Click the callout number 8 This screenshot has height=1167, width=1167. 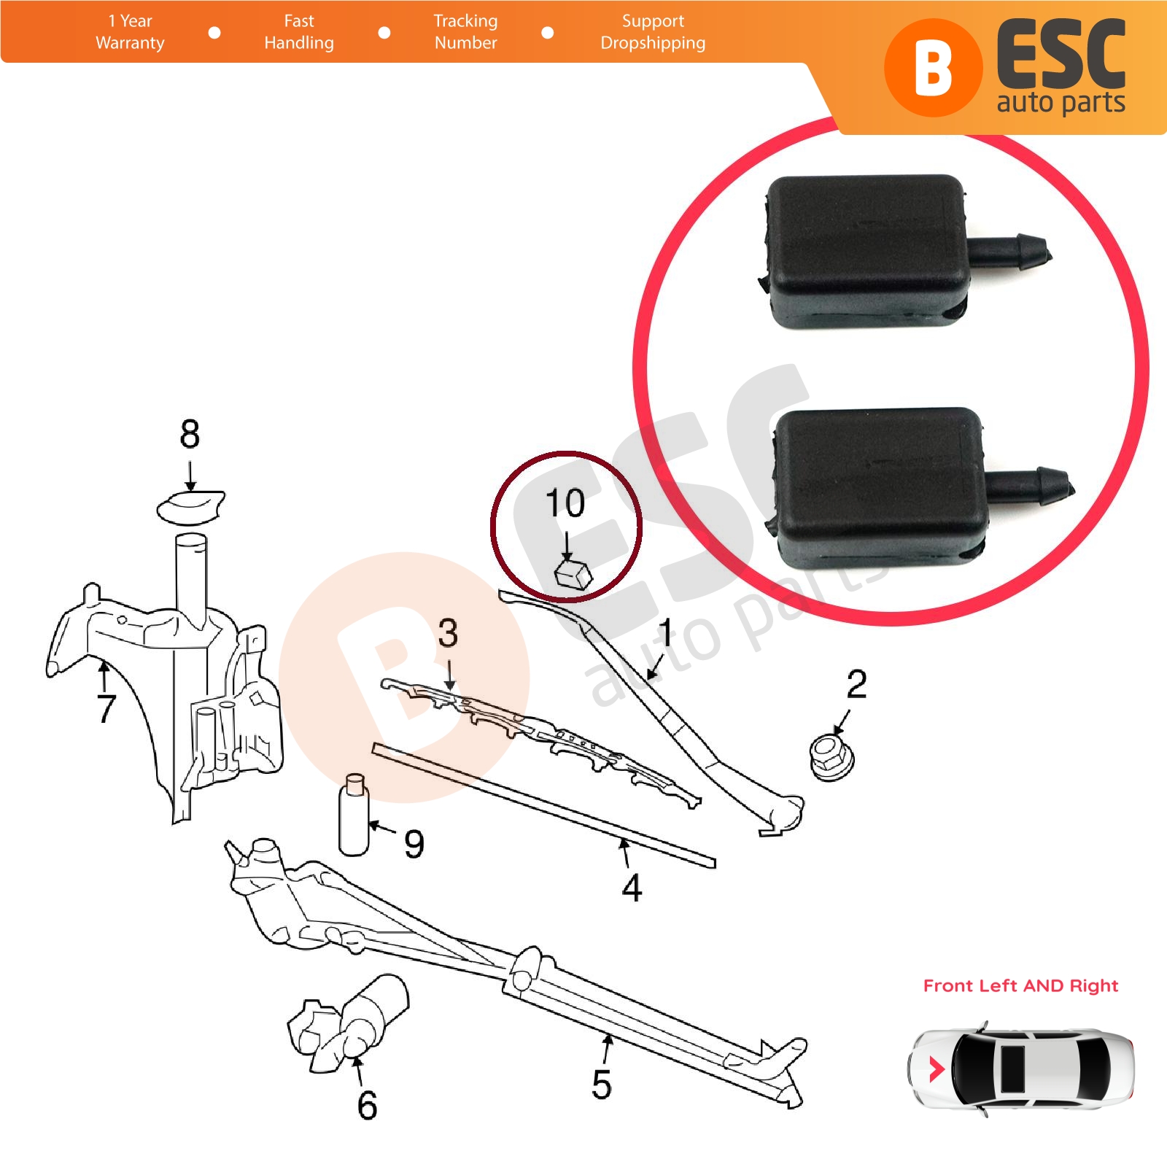(x=190, y=435)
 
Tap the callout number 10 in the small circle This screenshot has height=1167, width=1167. (x=565, y=503)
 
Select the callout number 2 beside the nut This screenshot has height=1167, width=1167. (x=856, y=684)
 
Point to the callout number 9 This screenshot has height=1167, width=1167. (x=414, y=845)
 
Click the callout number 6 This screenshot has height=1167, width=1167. (x=367, y=1106)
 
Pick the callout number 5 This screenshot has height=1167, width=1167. (x=601, y=1085)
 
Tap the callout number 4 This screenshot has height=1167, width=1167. (x=632, y=888)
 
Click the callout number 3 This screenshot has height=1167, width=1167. (x=448, y=633)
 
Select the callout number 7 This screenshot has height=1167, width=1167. (x=106, y=708)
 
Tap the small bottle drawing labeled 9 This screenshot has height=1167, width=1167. (x=354, y=814)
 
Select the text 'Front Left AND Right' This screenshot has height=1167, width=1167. (x=1020, y=986)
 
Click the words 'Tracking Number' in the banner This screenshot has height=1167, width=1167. (x=465, y=32)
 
